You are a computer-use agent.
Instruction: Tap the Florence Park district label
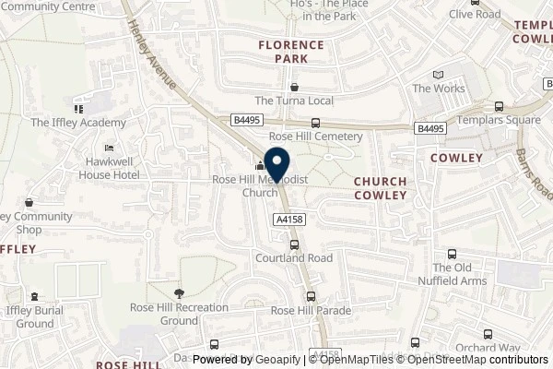[x=291, y=52]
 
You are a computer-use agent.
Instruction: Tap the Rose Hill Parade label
[x=312, y=311]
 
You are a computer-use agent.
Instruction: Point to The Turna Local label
[x=293, y=101]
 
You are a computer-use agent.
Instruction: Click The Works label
[x=435, y=89]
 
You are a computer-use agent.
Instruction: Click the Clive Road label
[x=475, y=14]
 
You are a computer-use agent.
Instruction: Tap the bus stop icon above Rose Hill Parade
[x=311, y=297]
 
